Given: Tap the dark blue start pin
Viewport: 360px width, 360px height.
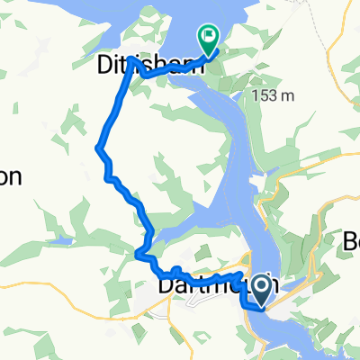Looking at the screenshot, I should pyautogui.click(x=262, y=289).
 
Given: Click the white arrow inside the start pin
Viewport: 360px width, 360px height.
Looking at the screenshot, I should pyautogui.click(x=262, y=287).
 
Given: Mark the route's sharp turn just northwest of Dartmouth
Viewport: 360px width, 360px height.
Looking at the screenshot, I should pyautogui.click(x=139, y=256).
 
